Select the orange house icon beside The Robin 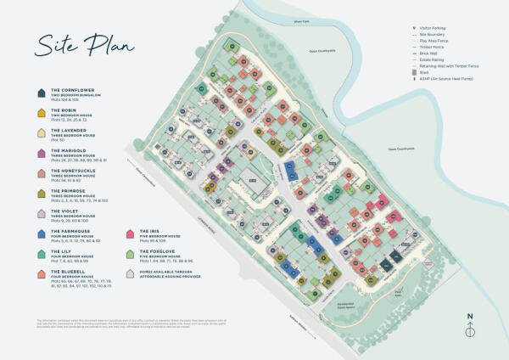tap(40, 114)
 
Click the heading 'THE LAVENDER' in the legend tap(68, 131)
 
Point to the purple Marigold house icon tap(40, 154)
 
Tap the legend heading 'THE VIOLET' tap(65, 211)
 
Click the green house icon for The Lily tap(40, 254)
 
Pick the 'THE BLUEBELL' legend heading tap(67, 271)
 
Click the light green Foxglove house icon tap(131, 254)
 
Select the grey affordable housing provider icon tap(131, 273)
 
